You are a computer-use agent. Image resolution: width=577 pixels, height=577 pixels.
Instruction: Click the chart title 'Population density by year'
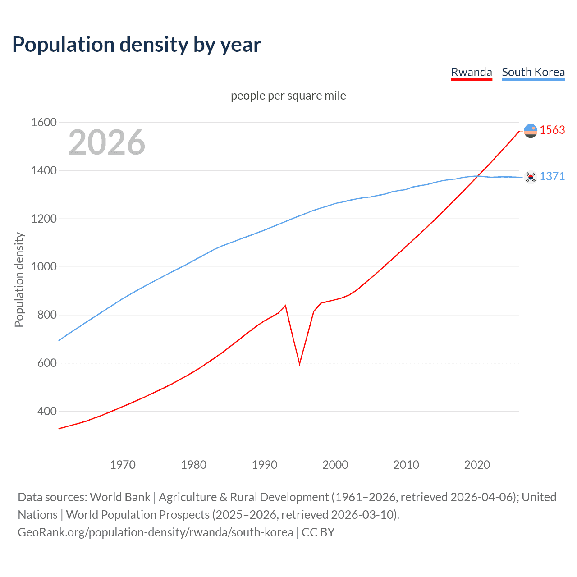[x=137, y=45]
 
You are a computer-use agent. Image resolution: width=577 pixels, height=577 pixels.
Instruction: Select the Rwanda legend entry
[x=471, y=72]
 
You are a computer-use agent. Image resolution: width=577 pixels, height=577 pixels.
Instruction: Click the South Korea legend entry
[x=533, y=72]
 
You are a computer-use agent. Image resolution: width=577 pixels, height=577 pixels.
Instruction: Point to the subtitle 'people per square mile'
[x=288, y=96]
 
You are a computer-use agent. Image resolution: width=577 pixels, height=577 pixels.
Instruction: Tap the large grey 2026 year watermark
[x=107, y=142]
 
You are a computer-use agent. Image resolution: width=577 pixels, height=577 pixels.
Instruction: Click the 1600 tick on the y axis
[x=44, y=122]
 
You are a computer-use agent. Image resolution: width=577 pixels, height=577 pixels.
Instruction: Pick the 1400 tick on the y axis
[x=44, y=170]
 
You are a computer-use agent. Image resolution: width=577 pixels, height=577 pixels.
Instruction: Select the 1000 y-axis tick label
[x=44, y=267]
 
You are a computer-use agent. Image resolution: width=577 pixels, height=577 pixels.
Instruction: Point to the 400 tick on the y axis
[x=47, y=411]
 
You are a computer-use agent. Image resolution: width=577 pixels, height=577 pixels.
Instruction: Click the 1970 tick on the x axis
[x=123, y=465]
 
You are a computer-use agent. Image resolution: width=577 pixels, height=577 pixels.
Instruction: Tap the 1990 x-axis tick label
[x=265, y=465]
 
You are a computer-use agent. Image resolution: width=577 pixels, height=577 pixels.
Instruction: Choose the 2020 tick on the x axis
[x=477, y=465]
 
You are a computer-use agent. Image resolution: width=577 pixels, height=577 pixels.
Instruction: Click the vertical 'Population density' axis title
[x=19, y=279]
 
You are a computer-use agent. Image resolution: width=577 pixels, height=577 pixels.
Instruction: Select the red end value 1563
[x=552, y=130]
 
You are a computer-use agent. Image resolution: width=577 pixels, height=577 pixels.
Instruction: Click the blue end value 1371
[x=552, y=176]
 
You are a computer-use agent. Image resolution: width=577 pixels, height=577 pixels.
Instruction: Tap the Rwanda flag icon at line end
[x=531, y=131]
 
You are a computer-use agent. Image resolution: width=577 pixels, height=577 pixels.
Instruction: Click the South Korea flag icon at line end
[x=531, y=177]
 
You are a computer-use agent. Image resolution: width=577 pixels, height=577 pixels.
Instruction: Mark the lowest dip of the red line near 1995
[x=300, y=363]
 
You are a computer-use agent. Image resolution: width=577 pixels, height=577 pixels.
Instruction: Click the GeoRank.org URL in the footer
[x=156, y=532]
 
